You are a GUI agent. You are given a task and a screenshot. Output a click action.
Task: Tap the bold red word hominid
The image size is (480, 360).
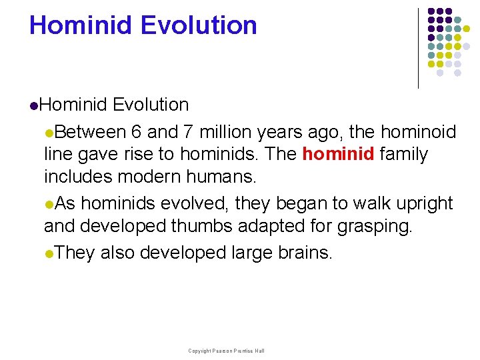pyautogui.click(x=338, y=155)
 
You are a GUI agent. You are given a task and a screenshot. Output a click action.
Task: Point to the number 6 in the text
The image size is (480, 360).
pyautogui.click(x=136, y=132)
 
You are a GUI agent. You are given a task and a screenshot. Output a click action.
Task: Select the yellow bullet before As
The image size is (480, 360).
pyautogui.click(x=48, y=204)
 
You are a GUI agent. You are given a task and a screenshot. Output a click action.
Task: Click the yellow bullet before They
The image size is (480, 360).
pyautogui.click(x=48, y=253)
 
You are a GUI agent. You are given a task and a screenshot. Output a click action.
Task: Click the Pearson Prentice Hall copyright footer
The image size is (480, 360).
pyautogui.click(x=226, y=351)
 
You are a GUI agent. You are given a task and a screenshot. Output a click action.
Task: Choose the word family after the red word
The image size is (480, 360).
pyautogui.click(x=404, y=155)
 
